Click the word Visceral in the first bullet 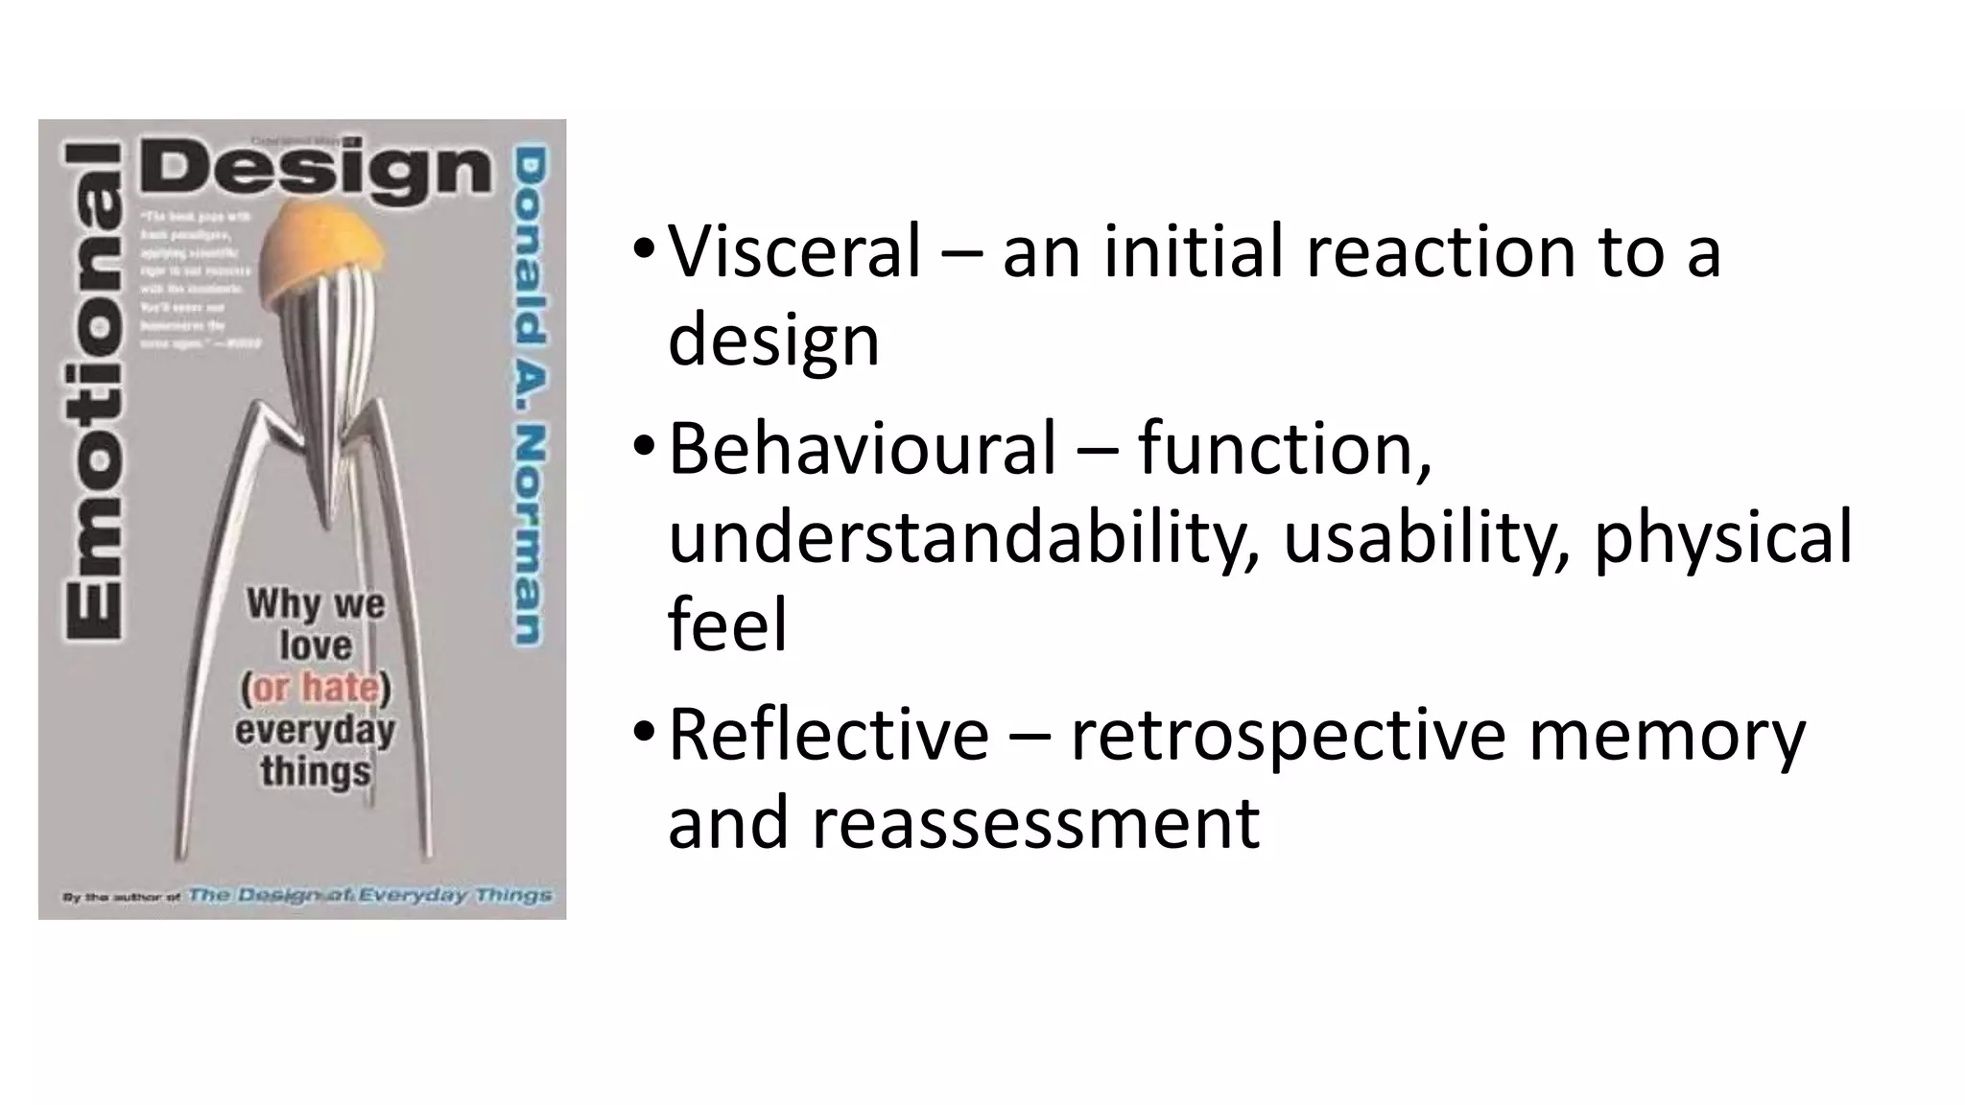793,251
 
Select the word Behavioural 861,448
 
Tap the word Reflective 828,735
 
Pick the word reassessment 1035,823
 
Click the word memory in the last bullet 1667,735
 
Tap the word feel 727,625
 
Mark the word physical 1723,537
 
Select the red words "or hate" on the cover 316,687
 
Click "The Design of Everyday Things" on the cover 369,895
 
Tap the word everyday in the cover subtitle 315,731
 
